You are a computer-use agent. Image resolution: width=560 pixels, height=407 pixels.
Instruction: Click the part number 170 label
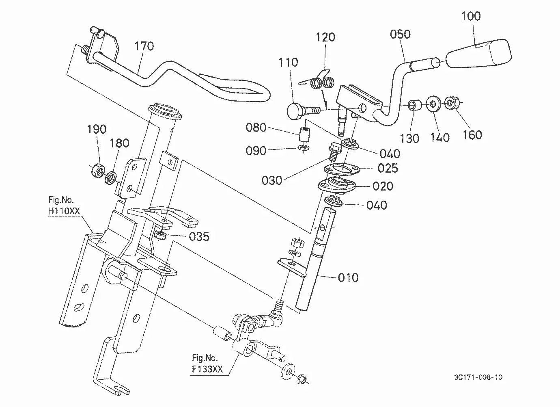coord(144,46)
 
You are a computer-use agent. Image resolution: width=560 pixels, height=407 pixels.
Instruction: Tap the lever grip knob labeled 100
coord(479,53)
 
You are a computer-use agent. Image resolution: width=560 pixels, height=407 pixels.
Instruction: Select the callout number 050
coord(400,34)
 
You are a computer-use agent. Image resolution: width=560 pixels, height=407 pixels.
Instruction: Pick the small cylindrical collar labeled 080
coord(304,135)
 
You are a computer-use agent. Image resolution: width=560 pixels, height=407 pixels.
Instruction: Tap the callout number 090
coord(256,151)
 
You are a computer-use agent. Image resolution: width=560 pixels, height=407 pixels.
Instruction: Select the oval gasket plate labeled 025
coord(342,169)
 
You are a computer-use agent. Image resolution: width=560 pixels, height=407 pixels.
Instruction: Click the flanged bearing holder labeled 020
coord(337,185)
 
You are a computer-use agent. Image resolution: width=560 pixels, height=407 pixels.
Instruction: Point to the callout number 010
coord(348,277)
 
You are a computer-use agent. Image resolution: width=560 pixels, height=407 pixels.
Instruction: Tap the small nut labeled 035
coord(160,235)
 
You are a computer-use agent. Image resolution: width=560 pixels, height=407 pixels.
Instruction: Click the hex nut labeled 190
coord(98,171)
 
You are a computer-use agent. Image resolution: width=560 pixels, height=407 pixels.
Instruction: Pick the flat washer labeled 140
coord(433,104)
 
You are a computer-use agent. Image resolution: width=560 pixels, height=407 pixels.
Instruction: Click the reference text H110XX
coord(64,211)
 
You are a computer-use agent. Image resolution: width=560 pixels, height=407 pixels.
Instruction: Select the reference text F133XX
coord(207,369)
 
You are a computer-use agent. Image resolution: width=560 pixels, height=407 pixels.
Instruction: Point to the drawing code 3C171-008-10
coord(478,377)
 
